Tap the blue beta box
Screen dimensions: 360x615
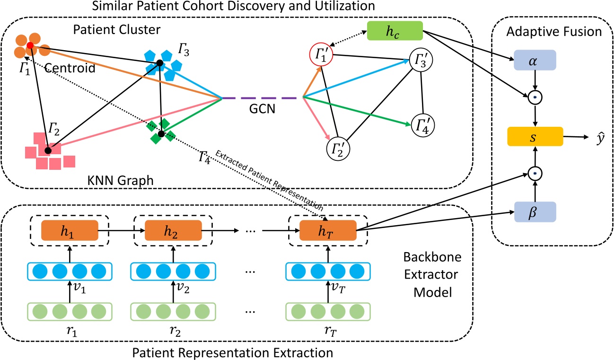(x=534, y=213)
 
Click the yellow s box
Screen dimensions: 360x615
(x=534, y=136)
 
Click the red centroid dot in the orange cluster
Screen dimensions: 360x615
(x=30, y=45)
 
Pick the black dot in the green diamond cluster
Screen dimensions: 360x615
(x=161, y=134)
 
